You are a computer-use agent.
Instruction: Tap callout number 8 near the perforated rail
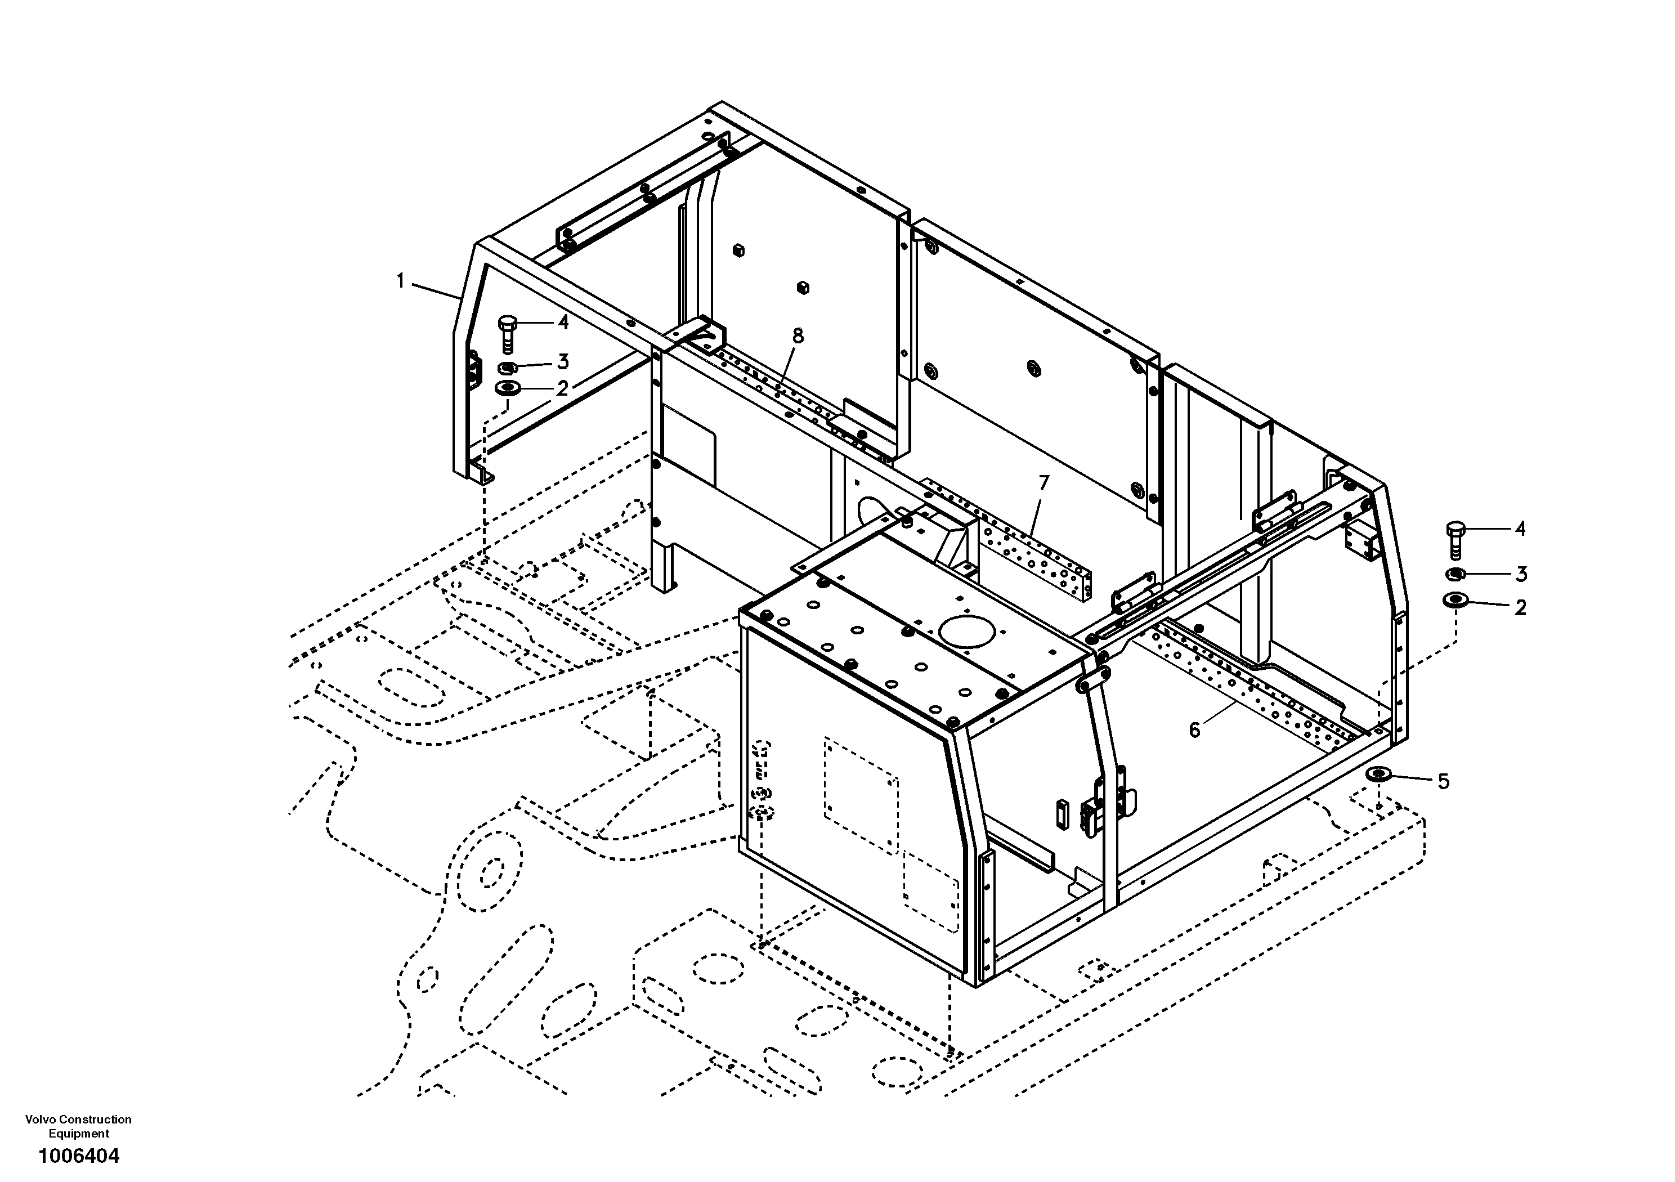[798, 337]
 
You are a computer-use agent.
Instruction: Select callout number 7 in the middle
[1044, 482]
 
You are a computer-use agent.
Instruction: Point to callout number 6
[1194, 729]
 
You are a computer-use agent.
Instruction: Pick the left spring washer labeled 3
[508, 367]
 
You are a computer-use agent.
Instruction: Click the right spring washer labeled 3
[1455, 574]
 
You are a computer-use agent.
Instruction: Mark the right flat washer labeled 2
[1455, 601]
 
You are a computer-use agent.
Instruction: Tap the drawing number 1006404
[79, 1156]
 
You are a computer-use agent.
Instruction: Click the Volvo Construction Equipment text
[79, 1126]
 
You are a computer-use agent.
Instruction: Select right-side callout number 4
[1520, 529]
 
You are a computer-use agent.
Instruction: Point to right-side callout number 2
[1520, 608]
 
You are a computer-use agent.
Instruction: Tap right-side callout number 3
[1520, 574]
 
